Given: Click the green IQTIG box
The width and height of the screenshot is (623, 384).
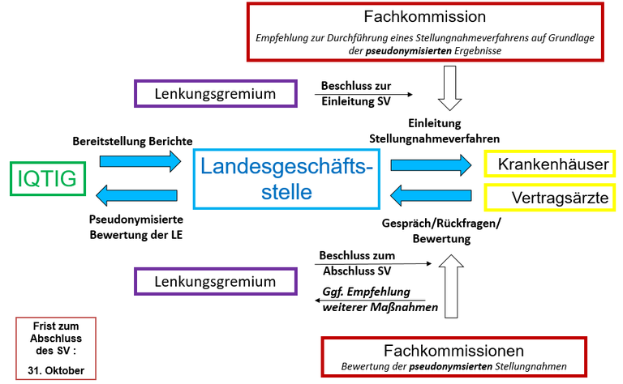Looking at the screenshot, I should pos(47,178).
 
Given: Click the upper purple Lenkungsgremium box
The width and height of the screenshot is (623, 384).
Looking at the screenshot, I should pos(214,93).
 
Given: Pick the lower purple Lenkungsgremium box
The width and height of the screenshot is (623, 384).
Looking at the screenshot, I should pos(214,281).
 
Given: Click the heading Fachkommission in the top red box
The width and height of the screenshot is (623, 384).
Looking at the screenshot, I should pos(436,16).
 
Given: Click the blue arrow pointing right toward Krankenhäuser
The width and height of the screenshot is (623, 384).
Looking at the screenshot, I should pos(430,164).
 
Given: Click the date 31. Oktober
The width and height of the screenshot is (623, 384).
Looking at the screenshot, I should pos(56,371).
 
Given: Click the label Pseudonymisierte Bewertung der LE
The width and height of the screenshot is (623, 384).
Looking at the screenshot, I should pos(136,227).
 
